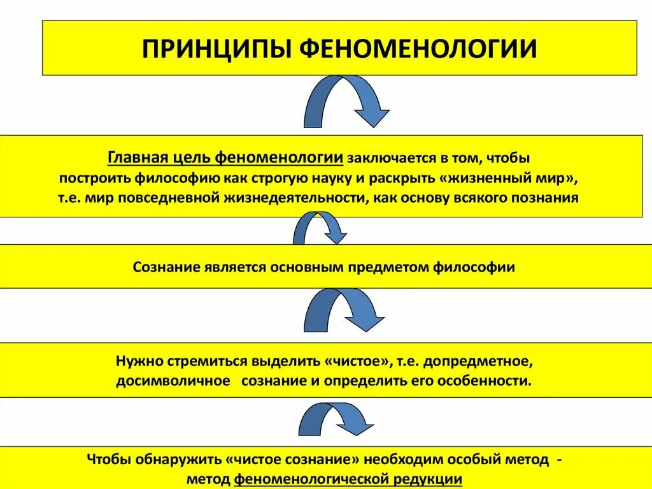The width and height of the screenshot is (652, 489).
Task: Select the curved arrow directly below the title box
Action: pyautogui.click(x=344, y=102)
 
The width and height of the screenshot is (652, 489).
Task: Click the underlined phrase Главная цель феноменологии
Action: pyautogui.click(x=226, y=157)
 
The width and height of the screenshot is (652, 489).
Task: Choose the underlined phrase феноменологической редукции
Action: pyautogui.click(x=348, y=479)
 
